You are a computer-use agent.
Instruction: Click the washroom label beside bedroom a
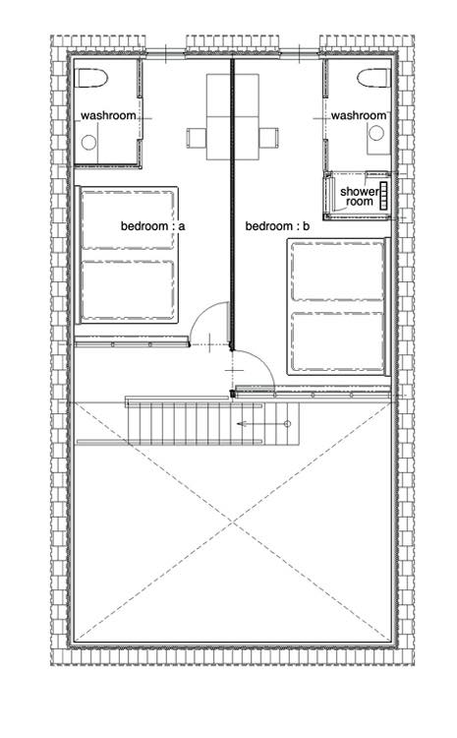point(109,116)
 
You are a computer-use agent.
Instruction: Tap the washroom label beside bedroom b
point(359,116)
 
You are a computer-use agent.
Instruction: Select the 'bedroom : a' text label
point(152,226)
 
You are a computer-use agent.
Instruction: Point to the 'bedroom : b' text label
point(277,226)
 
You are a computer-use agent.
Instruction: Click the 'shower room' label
point(360,197)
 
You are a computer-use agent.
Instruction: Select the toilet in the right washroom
point(374,78)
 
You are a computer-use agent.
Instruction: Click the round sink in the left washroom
point(88,142)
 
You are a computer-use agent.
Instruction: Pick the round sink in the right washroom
point(376,133)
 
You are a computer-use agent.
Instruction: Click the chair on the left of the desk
point(197,138)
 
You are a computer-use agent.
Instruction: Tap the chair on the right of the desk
point(268,138)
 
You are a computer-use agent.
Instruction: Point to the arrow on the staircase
point(261,424)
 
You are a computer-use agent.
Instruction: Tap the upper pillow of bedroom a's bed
point(128,219)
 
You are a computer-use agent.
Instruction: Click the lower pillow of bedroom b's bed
point(337,341)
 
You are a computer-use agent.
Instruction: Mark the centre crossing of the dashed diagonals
point(232,523)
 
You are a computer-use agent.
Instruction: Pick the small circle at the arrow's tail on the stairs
point(288,424)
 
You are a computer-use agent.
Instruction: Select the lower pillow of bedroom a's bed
point(128,290)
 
